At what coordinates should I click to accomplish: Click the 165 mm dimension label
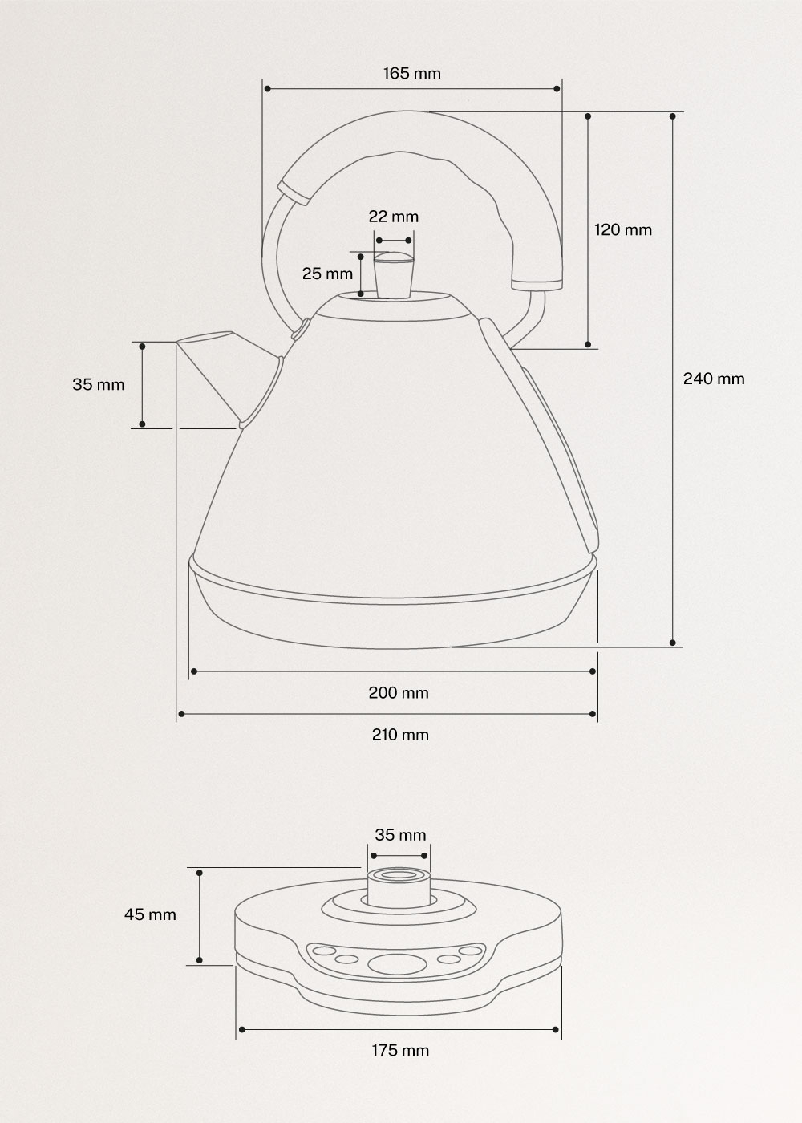click(411, 74)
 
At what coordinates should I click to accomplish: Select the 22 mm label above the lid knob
click(393, 217)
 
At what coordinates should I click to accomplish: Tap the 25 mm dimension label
click(327, 274)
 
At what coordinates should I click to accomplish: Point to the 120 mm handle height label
click(622, 230)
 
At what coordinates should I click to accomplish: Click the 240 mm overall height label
click(713, 379)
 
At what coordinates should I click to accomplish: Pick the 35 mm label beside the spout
click(99, 384)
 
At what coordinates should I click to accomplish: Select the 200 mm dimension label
click(399, 692)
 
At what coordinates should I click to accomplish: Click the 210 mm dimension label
click(399, 735)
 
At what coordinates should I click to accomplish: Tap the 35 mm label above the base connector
click(400, 835)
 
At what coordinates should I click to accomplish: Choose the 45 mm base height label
click(150, 914)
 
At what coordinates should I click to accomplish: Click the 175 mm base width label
click(399, 1050)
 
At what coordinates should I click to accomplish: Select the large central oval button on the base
click(393, 963)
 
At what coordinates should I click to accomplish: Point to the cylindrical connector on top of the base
click(399, 886)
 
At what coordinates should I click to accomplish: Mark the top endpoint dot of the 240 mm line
click(672, 116)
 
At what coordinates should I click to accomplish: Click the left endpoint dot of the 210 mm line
click(181, 713)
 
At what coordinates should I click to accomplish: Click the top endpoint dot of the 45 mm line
click(200, 872)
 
